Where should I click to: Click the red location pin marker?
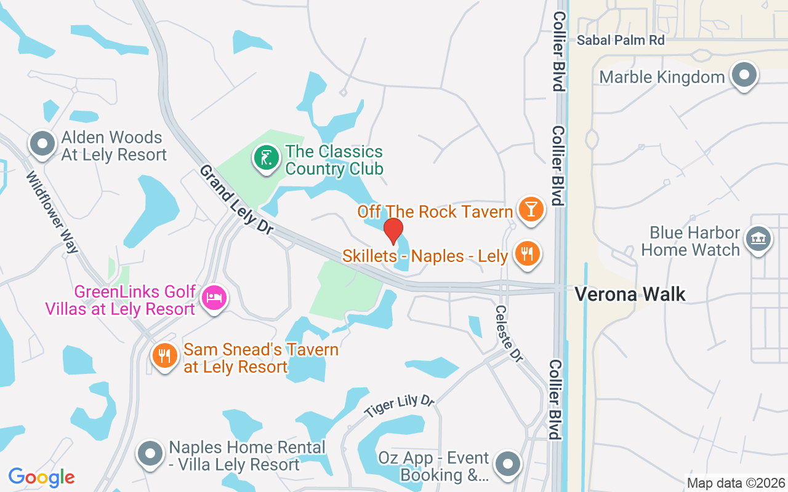(x=393, y=231)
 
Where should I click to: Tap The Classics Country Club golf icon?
(x=265, y=159)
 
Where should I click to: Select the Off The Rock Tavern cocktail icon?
(x=531, y=209)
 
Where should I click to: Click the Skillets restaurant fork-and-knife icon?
(x=526, y=253)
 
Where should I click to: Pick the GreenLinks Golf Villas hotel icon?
(x=214, y=298)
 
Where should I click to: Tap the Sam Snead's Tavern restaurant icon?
(x=164, y=357)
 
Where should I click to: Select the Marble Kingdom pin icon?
(x=744, y=75)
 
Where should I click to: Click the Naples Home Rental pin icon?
(x=150, y=454)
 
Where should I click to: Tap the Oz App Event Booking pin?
(x=508, y=465)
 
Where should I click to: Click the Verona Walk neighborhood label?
(x=630, y=294)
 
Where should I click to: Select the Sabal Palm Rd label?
(x=622, y=40)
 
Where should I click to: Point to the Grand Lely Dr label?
(x=236, y=199)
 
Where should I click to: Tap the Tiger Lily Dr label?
(x=399, y=406)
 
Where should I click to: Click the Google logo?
(x=41, y=477)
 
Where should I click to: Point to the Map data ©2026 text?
(x=736, y=483)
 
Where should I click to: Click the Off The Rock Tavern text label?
(x=435, y=212)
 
